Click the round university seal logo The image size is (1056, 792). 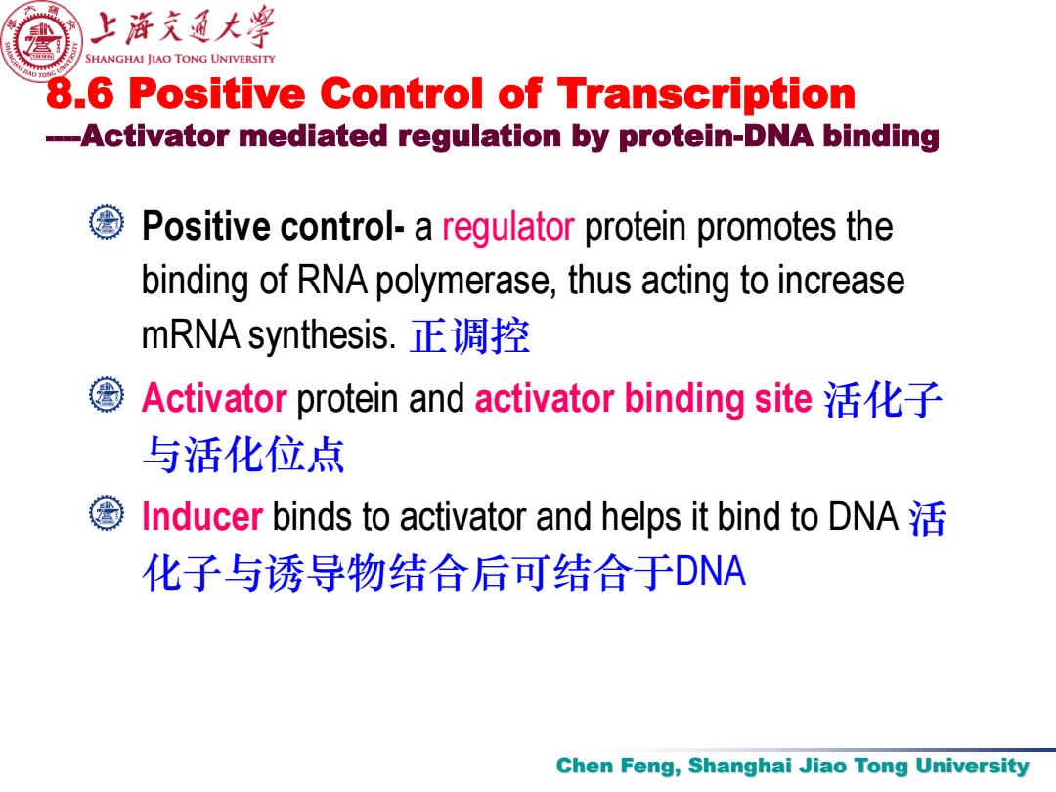42,40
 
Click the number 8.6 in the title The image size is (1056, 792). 80,93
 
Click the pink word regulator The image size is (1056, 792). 507,227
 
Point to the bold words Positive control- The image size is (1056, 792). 273,226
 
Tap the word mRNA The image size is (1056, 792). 192,334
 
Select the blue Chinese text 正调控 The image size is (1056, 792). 470,335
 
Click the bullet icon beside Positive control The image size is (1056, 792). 107,222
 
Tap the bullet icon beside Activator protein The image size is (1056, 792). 107,395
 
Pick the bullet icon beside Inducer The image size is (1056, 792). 107,513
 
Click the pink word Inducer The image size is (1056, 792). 202,516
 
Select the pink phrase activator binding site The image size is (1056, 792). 643,398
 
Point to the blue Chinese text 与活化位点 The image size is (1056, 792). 243,455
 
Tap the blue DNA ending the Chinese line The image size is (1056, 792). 710,572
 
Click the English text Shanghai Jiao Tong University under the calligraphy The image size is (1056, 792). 180,59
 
